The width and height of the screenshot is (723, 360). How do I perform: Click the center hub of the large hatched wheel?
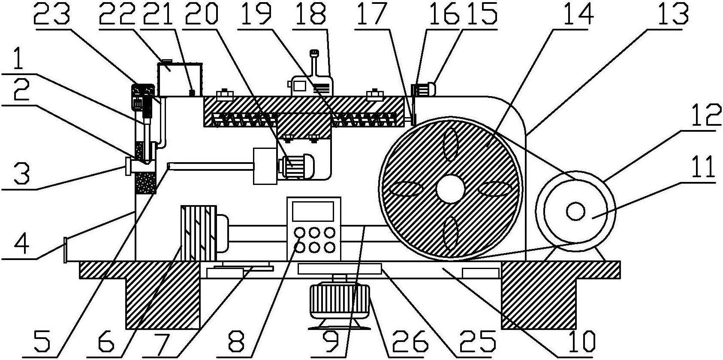(x=452, y=189)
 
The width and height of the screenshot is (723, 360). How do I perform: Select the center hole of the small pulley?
(x=575, y=211)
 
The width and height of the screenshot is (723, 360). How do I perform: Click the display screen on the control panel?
(x=313, y=211)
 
